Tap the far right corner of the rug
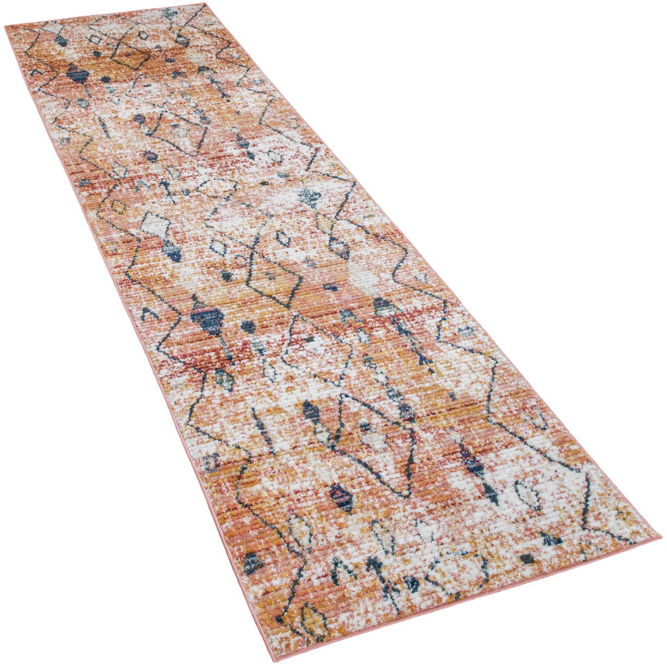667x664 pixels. tap(206, 5)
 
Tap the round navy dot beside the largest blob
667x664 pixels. tap(248, 326)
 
